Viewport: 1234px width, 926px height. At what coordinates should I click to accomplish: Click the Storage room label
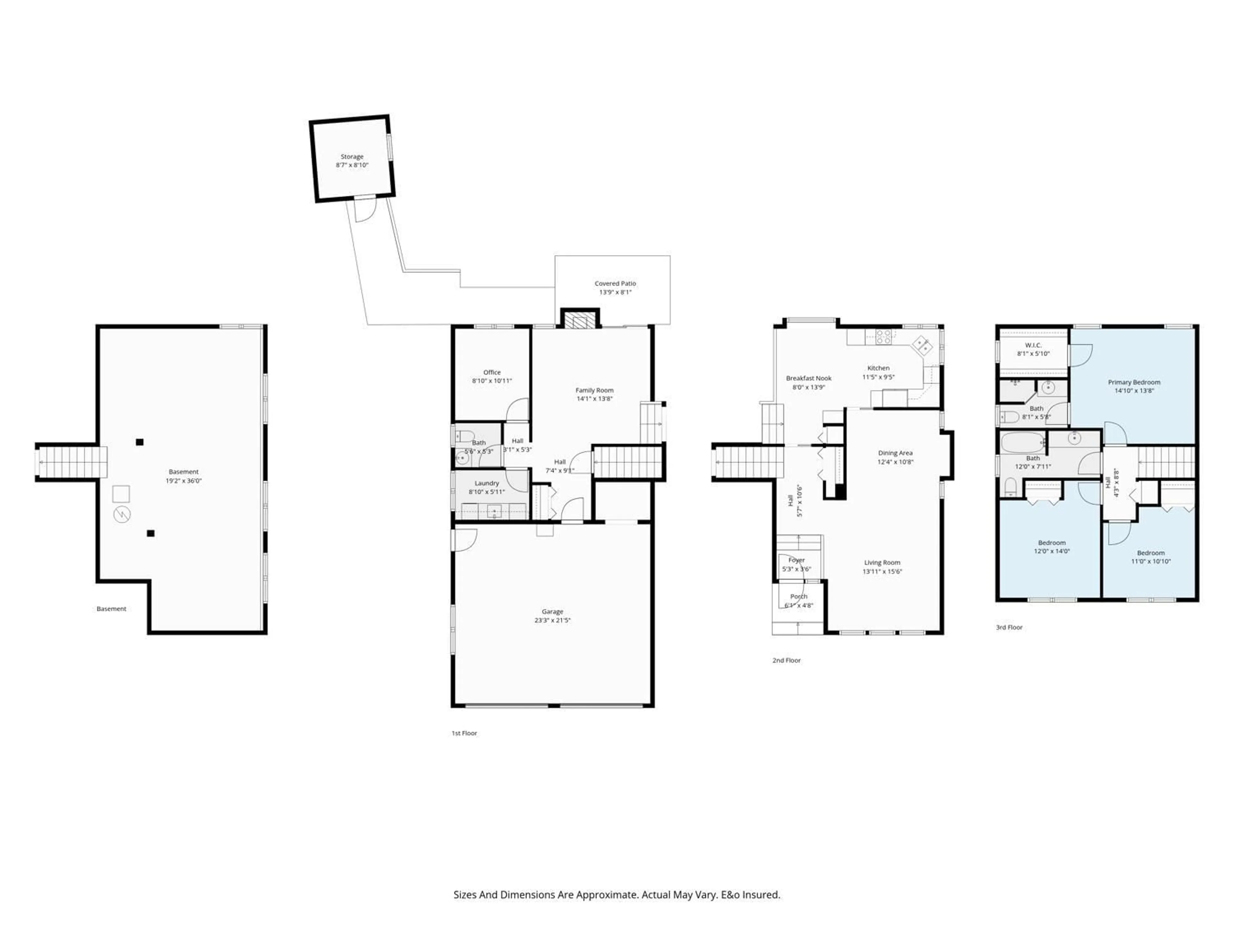coord(352,157)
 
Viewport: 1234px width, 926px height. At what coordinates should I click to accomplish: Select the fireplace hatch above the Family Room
coord(580,320)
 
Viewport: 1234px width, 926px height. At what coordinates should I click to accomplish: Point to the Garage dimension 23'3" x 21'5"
coord(552,620)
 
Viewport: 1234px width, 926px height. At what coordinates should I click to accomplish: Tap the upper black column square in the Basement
coord(139,442)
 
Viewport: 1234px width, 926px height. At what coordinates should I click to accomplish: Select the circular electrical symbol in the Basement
coord(121,515)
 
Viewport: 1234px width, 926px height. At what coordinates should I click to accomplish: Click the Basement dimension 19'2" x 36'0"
coord(183,481)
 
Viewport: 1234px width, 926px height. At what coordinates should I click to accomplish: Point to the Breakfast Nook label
coord(808,378)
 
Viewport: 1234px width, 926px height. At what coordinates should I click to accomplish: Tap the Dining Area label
coord(895,453)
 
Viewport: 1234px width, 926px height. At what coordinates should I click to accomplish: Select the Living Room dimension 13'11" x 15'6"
coord(882,572)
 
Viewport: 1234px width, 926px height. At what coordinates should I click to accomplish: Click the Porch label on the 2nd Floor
coord(798,597)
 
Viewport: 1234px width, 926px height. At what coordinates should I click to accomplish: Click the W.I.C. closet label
coord(1033,346)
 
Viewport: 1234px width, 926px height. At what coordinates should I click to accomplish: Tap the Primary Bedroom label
coord(1134,382)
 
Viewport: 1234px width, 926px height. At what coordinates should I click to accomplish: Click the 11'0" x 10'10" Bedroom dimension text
coord(1150,561)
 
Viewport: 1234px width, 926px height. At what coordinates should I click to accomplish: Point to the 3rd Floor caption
coord(1009,627)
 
